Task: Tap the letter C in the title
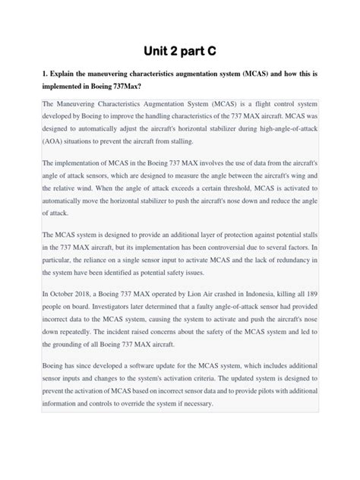(x=214, y=50)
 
